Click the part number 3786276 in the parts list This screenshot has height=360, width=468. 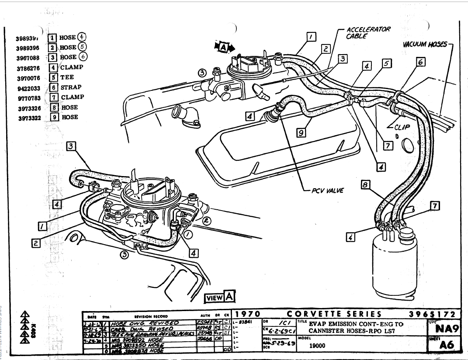[28, 68]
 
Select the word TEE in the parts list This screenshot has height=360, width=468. [67, 77]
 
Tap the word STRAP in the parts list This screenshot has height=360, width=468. [71, 87]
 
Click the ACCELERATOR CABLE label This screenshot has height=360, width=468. [368, 33]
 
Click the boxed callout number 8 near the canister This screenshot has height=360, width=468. [365, 185]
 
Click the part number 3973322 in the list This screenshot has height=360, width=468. [28, 117]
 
